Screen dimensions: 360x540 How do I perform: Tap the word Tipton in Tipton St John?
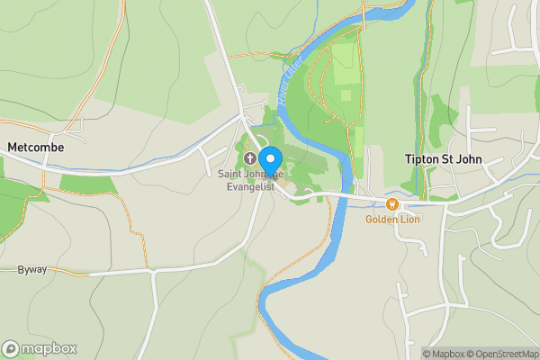coord(417,159)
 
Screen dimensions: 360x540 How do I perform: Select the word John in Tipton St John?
coord(468,159)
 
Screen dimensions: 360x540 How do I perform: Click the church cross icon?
coord(249,159)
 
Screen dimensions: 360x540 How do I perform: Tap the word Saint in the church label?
coord(230,174)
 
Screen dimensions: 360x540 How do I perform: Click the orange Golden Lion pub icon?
coord(392,204)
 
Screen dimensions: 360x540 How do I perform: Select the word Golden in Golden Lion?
coord(382,219)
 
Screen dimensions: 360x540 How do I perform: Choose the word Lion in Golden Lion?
coord(409,219)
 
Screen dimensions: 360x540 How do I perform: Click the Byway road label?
coord(31,269)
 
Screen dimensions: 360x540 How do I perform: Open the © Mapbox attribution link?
coord(447,354)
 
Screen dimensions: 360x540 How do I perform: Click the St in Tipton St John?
coord(445,159)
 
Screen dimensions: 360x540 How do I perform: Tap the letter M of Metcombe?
coord(12,147)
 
